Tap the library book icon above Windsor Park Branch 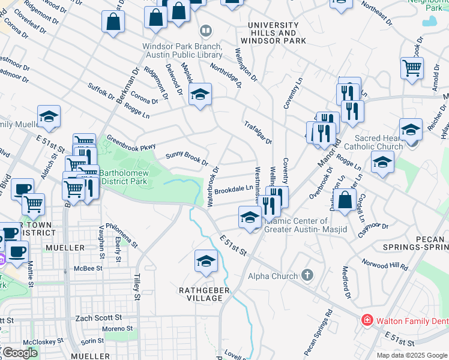tap(205, 30)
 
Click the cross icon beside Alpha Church tap(307, 276)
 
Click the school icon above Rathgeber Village tap(206, 261)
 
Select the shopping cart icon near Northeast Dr tap(412, 68)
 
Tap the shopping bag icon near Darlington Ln tap(345, 201)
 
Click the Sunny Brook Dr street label tap(187, 158)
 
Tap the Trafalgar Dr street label tap(258, 133)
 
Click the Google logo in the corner tap(19, 352)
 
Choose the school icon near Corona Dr tap(200, 94)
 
